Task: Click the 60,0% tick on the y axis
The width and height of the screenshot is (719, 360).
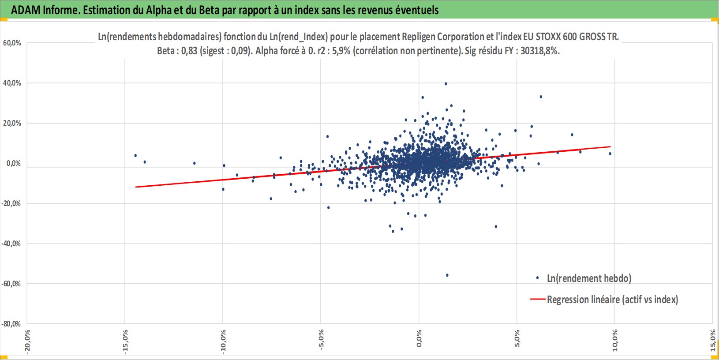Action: click(12, 43)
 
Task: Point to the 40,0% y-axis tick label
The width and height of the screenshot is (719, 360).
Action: click(12, 83)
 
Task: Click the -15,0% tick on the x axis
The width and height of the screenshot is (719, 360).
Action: click(125, 341)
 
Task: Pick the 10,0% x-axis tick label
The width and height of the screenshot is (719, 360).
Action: click(615, 341)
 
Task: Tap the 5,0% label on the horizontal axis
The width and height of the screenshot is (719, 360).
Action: click(517, 339)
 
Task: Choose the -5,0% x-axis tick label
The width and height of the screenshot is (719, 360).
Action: click(321, 340)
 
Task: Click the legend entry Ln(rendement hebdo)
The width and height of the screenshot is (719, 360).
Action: click(589, 278)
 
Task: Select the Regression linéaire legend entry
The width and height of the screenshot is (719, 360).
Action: click(612, 300)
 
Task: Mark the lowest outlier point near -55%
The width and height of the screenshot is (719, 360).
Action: click(447, 275)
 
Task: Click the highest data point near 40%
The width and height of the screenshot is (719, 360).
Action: click(446, 83)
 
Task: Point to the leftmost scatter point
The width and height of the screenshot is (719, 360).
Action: click(135, 155)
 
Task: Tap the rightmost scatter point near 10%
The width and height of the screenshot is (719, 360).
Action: click(610, 154)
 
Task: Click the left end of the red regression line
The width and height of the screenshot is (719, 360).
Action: click(136, 187)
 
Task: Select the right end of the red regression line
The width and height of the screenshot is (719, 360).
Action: click(610, 146)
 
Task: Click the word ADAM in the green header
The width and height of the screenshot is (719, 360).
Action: click(26, 10)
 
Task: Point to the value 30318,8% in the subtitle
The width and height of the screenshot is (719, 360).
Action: click(539, 51)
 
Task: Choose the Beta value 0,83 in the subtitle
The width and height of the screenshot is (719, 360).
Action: click(189, 51)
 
